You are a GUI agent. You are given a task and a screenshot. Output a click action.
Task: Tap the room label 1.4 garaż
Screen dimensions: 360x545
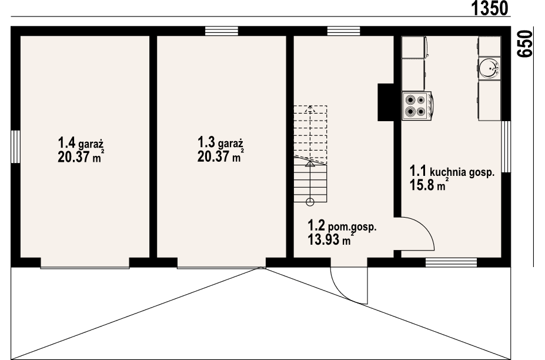point(81,143)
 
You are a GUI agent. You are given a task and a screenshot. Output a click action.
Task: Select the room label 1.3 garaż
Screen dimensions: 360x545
point(220,143)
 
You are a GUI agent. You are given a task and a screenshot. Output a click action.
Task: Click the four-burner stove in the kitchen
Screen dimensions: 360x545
point(417,105)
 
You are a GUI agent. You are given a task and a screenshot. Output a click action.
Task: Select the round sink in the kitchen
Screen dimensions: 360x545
point(489,69)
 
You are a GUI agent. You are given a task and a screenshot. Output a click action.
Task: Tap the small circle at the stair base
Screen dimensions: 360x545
point(310,202)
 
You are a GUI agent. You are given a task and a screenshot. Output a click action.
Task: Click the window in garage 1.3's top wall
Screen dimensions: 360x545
point(222,31)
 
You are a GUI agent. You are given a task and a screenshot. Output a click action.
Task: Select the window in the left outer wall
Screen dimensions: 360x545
point(15,145)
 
